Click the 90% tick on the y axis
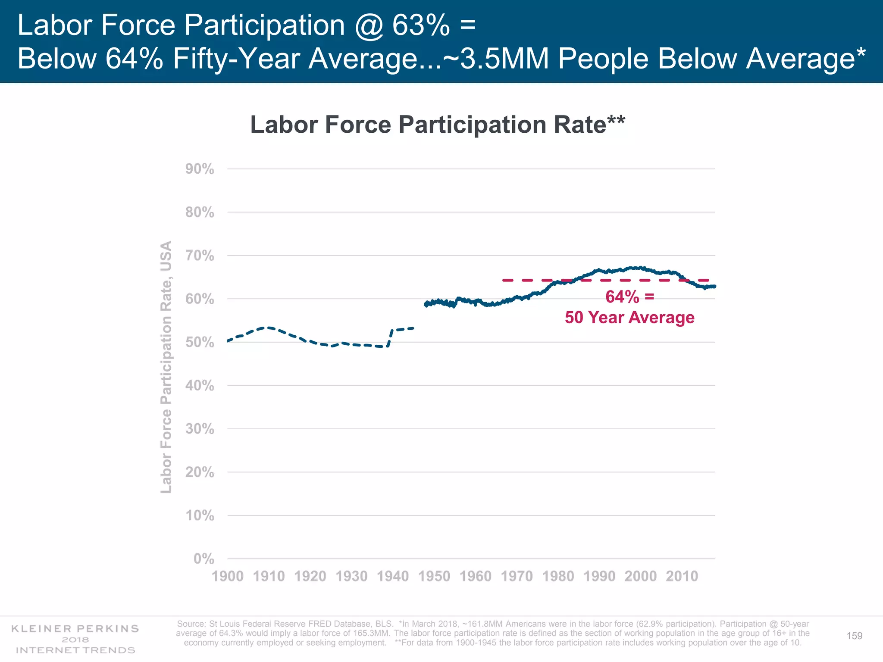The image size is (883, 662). [x=200, y=169]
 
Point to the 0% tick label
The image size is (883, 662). [x=204, y=559]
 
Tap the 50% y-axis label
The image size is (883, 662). [x=200, y=343]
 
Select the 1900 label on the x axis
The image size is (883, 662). [x=228, y=576]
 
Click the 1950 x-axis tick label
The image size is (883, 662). [x=434, y=576]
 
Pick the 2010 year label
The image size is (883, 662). [x=682, y=576]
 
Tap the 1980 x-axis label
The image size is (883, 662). [x=558, y=576]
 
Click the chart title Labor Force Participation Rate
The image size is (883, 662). [x=437, y=125]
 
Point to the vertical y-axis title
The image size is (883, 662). [x=166, y=366]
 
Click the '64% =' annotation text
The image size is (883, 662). [x=629, y=297]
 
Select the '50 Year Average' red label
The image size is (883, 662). [x=629, y=318]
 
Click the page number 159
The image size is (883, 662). [x=854, y=636]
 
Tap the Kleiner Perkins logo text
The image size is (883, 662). [x=75, y=628]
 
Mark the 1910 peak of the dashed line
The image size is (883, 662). [x=268, y=328]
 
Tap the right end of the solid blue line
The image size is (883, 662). [x=714, y=287]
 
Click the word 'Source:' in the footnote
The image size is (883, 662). [x=191, y=624]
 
